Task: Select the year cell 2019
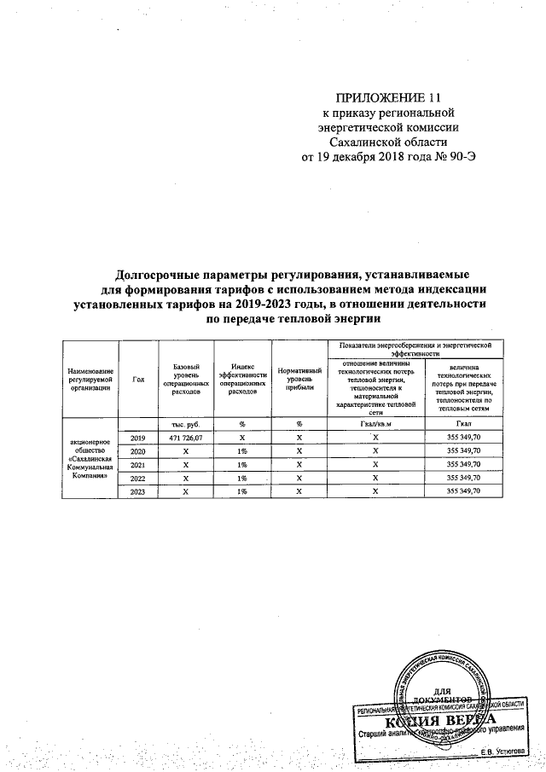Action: click(138, 438)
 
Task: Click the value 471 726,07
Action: click(186, 438)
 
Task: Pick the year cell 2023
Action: click(138, 492)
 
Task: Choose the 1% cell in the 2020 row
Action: click(242, 451)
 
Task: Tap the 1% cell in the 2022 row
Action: click(242, 479)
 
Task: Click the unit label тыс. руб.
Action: click(186, 424)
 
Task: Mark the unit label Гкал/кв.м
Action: click(375, 424)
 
